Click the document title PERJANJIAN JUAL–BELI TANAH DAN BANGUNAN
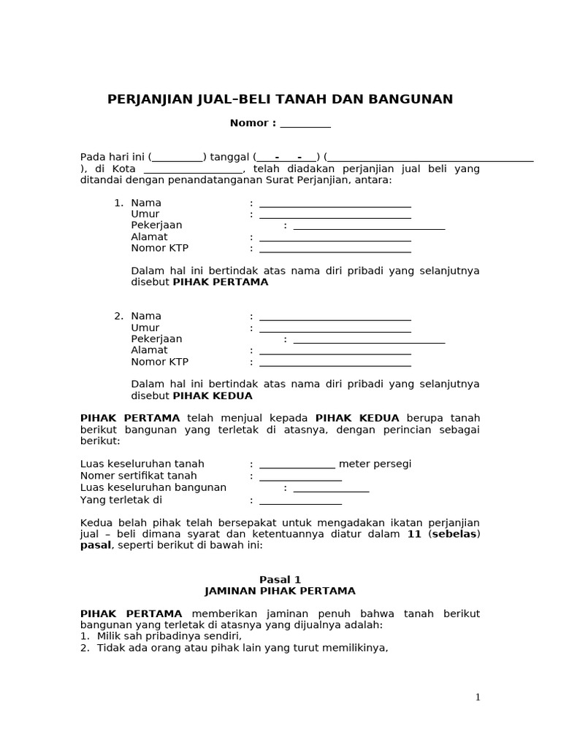tap(280, 99)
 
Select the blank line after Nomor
tap(305, 123)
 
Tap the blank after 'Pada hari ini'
tap(178, 157)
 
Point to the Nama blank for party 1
tap(335, 204)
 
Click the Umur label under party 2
tap(145, 328)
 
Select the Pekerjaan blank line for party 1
tap(368, 225)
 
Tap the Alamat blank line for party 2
tap(335, 351)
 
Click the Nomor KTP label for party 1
tap(159, 248)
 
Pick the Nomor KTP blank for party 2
tap(335, 363)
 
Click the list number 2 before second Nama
tap(118, 316)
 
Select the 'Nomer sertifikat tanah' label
tap(138, 476)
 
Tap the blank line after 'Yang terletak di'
tap(300, 500)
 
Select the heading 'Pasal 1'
tap(280, 580)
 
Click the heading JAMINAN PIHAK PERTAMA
tap(280, 591)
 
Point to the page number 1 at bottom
tap(478, 697)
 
